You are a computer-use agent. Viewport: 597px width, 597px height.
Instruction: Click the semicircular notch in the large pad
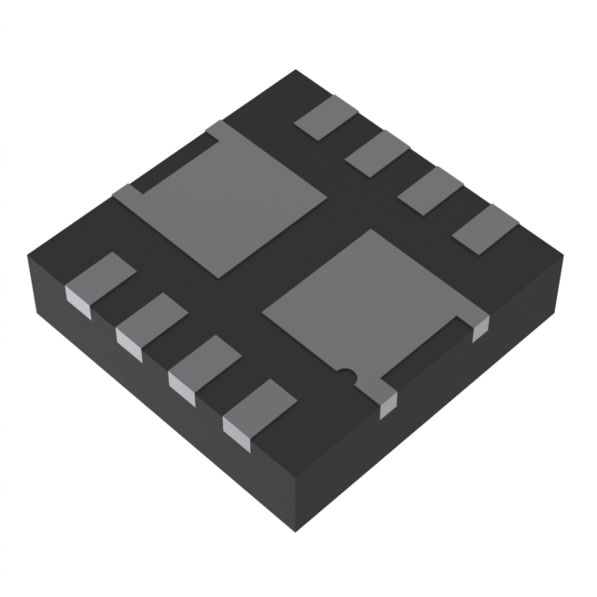click(346, 376)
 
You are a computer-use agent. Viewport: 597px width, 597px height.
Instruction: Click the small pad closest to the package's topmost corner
click(326, 119)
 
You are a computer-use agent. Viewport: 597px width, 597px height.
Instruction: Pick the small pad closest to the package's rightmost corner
click(484, 228)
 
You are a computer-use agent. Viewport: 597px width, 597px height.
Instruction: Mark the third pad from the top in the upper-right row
click(430, 189)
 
